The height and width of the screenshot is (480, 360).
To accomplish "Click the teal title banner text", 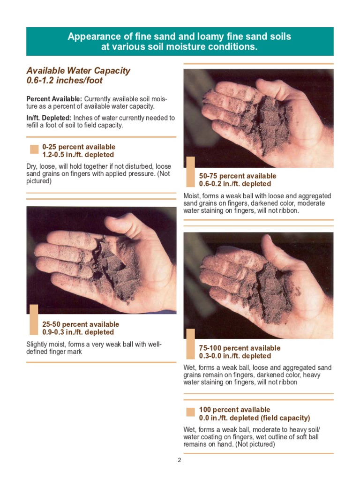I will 180,42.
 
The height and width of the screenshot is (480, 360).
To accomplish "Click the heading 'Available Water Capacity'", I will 78,71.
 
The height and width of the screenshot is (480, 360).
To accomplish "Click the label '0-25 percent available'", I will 79,147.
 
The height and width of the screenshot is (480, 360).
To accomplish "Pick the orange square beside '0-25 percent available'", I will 34,150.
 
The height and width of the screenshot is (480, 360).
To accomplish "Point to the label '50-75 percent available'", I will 238,176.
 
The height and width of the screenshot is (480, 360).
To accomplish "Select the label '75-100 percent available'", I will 240,348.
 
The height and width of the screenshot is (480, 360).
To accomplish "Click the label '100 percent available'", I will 234,410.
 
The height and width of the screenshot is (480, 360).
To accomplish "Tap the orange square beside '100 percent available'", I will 190,412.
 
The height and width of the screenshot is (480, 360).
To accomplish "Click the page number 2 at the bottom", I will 179,460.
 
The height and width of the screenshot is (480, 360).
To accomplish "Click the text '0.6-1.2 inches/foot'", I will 64,81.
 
